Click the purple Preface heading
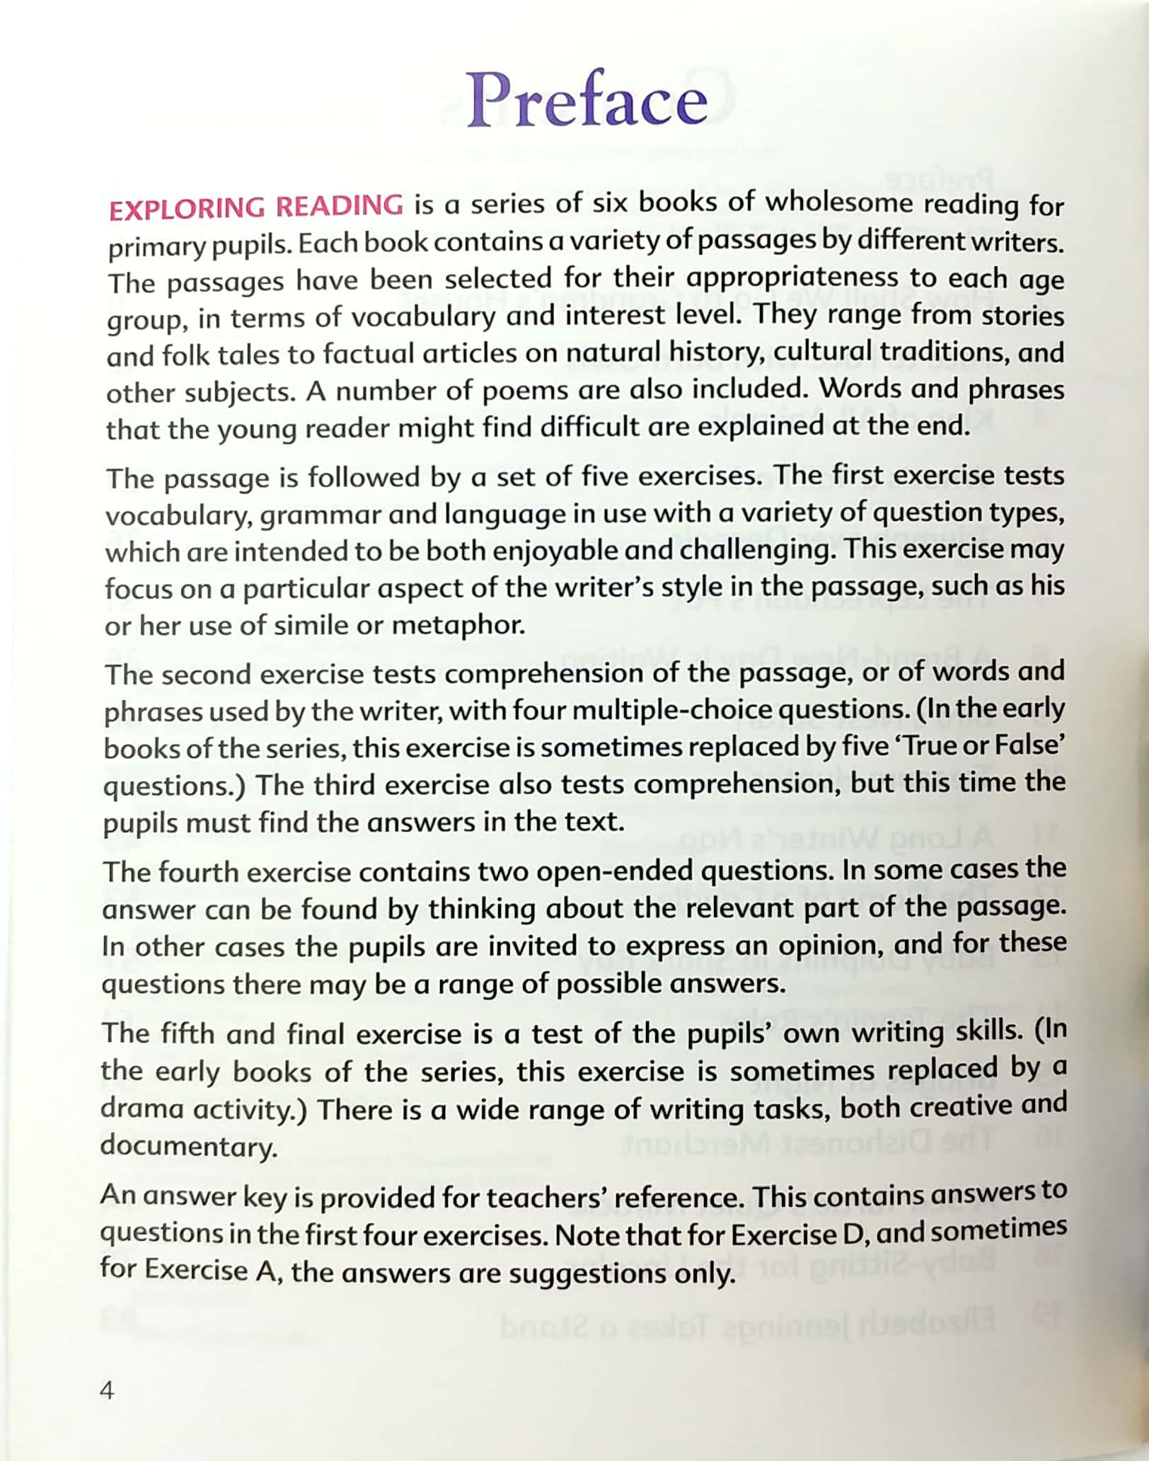587,101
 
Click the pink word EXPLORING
186,208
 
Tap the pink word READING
340,206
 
